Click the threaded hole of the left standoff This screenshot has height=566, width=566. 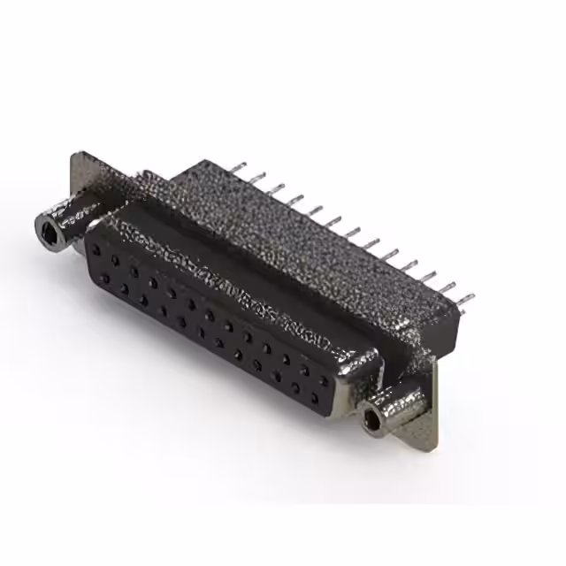pos(48,232)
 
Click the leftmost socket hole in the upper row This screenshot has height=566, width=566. pos(96,250)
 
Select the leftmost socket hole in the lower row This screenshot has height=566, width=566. pos(104,278)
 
